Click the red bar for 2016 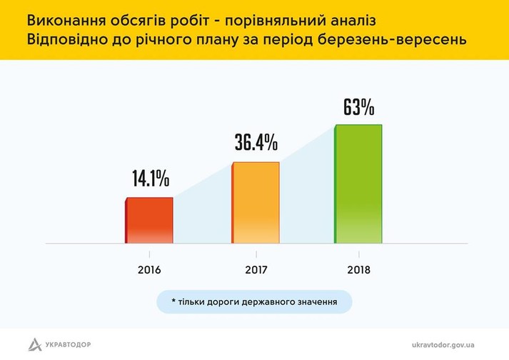[x=150, y=221]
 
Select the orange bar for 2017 [x=255, y=203]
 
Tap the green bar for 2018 [x=358, y=184]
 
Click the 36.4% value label [x=256, y=142]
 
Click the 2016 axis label [x=150, y=271]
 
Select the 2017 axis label [x=255, y=271]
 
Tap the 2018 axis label [x=359, y=271]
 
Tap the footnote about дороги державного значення [x=254, y=302]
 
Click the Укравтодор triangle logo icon [x=35, y=344]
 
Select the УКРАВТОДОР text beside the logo [x=70, y=344]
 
